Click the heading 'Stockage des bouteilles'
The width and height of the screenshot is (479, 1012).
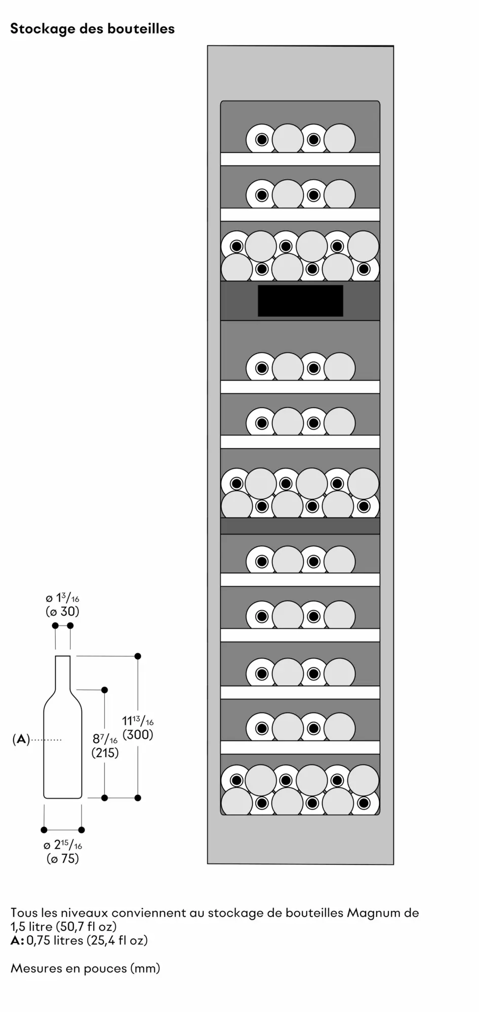(92, 29)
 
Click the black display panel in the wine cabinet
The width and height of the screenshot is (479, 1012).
(300, 301)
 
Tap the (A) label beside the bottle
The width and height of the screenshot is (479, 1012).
(21, 739)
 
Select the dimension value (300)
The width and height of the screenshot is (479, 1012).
(138, 735)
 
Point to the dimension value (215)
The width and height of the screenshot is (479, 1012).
(105, 753)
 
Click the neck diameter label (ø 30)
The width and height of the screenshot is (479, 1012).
(62, 612)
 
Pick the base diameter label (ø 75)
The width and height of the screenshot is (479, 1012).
(63, 859)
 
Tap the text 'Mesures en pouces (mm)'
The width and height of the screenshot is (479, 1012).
(85, 968)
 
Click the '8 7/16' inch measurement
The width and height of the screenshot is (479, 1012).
(105, 740)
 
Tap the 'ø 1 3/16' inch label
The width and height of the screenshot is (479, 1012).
(62, 599)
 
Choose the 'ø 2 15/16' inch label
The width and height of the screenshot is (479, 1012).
(63, 845)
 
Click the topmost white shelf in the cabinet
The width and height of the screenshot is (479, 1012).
(300, 159)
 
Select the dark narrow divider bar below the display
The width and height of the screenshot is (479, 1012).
(300, 526)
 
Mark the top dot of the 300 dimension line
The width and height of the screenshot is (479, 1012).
(138, 656)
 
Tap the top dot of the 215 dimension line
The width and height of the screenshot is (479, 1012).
(105, 690)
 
